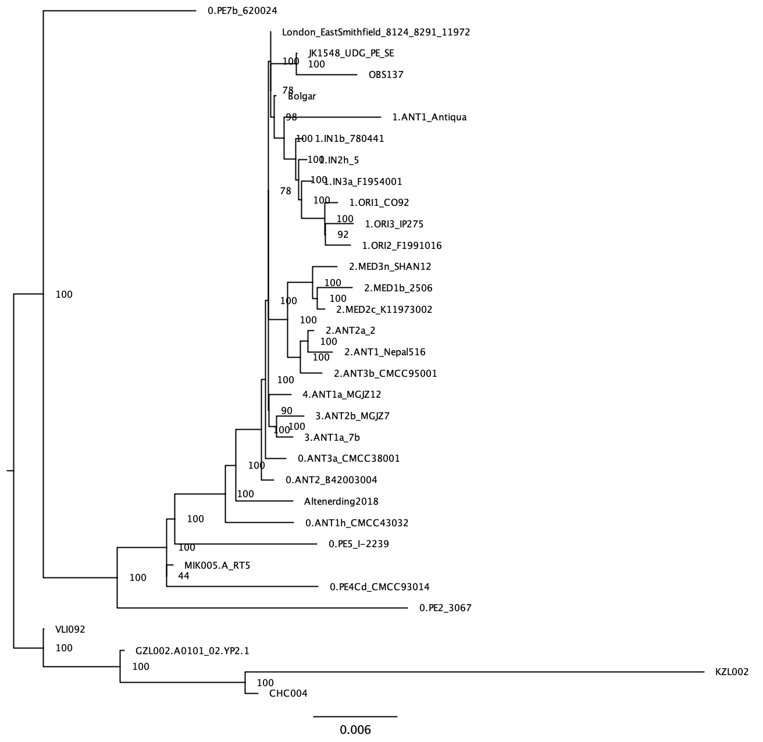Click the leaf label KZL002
coord(732,672)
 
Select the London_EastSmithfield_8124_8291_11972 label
coord(376,33)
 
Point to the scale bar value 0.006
coord(355,730)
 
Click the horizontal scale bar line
coord(355,716)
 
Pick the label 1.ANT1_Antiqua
coord(429,117)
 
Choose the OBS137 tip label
coord(386,75)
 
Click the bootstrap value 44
coord(184,576)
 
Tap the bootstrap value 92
coord(343,235)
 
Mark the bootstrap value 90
coord(287,411)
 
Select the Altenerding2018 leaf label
coord(341,501)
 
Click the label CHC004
coord(288,693)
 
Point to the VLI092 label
coord(70,629)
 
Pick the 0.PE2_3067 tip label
coord(445,608)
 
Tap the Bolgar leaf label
coord(302,97)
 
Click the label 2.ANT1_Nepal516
coord(384,352)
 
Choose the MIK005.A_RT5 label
coord(217,565)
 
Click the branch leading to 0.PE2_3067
coord(262,608)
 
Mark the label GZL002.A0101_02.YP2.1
coord(192,651)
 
